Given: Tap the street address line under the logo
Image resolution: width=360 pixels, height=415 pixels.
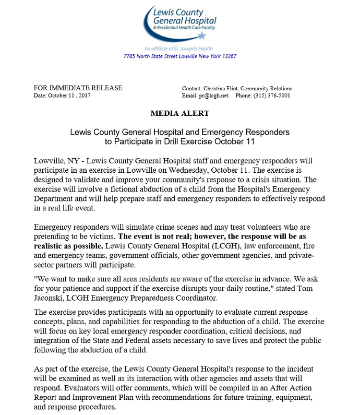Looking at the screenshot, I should pyautogui.click(x=180, y=56).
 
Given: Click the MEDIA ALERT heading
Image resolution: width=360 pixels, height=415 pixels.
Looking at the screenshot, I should pyautogui.click(x=179, y=113).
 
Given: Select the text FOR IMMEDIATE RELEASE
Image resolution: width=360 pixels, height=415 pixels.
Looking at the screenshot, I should pyautogui.click(x=78, y=88).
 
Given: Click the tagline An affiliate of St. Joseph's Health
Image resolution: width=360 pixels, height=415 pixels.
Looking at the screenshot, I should pyautogui.click(x=180, y=49).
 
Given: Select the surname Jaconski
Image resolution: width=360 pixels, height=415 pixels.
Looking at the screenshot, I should pyautogui.click(x=52, y=297).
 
